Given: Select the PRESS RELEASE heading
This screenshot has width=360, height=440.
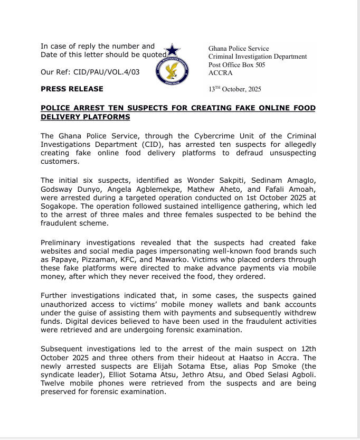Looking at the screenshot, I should tap(72, 89).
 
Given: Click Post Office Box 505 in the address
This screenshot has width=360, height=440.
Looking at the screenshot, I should tap(236, 65).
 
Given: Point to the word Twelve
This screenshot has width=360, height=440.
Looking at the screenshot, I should tap(54, 383).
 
